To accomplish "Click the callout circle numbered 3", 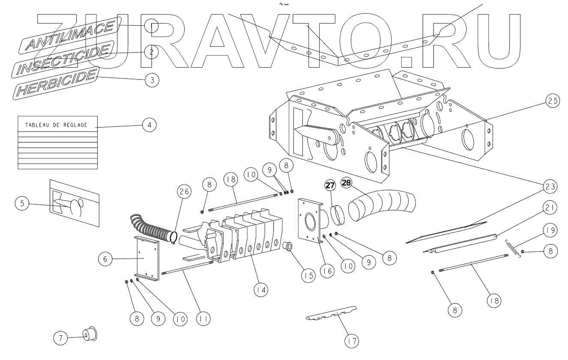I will (x=152, y=80).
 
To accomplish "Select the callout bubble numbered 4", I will (x=149, y=125).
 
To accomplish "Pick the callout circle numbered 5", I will (x=22, y=204).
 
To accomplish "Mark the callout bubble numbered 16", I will (x=328, y=272).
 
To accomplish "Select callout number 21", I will (x=550, y=208).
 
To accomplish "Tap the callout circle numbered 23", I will (x=550, y=186).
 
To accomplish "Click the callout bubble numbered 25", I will (x=552, y=101).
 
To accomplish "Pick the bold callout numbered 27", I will (x=331, y=185).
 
